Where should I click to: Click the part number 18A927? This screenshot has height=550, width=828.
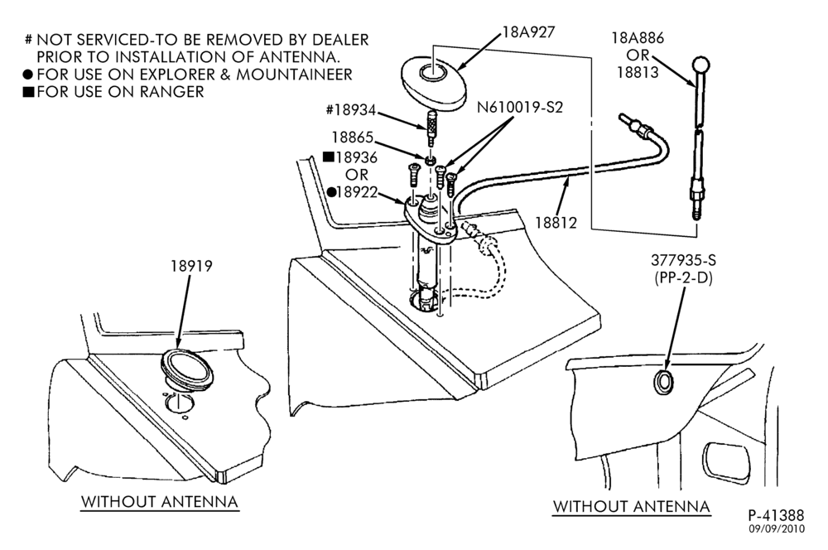coord(528,32)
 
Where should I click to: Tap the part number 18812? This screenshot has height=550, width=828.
coord(556,223)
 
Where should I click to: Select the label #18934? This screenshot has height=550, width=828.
coord(350,110)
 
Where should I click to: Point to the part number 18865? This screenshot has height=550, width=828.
coord(352,137)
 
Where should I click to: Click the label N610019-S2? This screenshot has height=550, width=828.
coord(520,107)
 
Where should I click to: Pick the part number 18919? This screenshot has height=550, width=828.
coord(191,266)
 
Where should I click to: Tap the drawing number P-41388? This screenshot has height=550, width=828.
coord(776,515)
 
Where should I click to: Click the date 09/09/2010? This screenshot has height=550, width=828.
coord(777,528)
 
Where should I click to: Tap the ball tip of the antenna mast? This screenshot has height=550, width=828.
coord(700,65)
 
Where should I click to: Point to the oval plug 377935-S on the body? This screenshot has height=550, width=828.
coord(663,382)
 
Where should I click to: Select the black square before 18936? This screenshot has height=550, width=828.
coord(329,157)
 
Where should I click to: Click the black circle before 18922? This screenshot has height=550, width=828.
coord(331,192)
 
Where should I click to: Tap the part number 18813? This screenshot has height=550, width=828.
coord(638,72)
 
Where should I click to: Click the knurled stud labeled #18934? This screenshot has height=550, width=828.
coord(431,128)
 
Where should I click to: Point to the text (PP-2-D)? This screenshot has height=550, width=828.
coord(683,277)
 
